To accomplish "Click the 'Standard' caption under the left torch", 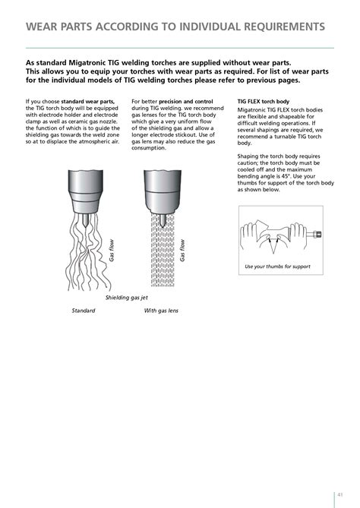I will point(84,311).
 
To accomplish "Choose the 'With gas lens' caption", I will point(161,311).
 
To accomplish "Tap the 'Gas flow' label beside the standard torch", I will point(111,251).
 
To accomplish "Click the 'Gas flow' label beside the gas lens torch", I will point(182,251).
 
